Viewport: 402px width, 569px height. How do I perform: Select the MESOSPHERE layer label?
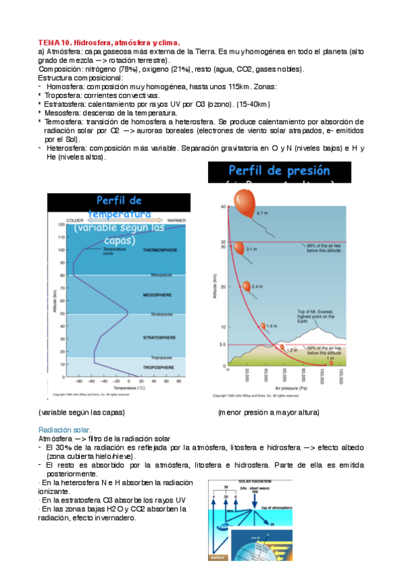click(158, 295)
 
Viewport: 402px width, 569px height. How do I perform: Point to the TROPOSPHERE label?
click(158, 368)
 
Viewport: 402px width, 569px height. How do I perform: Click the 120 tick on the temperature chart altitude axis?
click(60, 224)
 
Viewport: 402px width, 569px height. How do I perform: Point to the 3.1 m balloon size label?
click(252, 249)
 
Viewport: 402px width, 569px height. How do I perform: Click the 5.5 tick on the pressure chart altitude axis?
click(223, 344)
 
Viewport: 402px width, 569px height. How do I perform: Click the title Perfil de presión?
click(279, 171)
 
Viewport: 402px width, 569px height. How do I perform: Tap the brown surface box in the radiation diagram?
click(217, 556)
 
